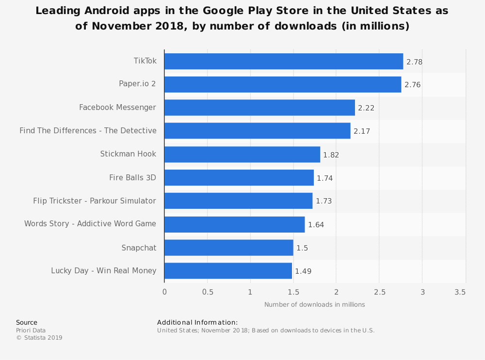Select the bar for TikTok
click(x=284, y=61)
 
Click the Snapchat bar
click(x=228, y=248)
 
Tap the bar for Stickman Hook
click(x=242, y=154)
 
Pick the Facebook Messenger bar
click(x=259, y=108)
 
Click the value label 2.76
click(x=412, y=85)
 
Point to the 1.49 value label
click(x=303, y=271)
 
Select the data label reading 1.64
click(x=316, y=225)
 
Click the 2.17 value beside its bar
click(x=362, y=131)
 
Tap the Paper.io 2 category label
click(x=137, y=84)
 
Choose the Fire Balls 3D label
click(x=133, y=178)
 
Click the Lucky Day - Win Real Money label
click(x=104, y=271)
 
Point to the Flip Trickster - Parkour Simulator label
click(x=95, y=201)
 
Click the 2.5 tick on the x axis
click(x=380, y=292)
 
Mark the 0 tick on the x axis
click(x=164, y=292)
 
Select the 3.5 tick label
click(x=460, y=292)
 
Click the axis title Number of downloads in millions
click(x=315, y=305)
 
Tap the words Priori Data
click(x=31, y=330)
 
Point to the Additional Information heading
click(x=197, y=322)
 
